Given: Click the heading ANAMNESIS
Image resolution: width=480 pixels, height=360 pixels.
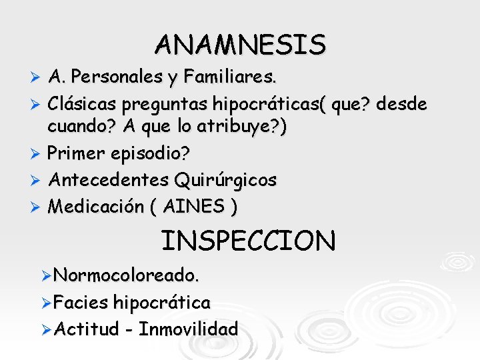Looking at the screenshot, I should pyautogui.click(x=241, y=45).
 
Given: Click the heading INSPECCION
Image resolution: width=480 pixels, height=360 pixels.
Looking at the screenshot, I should pyautogui.click(x=249, y=241).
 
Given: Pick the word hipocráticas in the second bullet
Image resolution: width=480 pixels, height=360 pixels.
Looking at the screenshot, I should pyautogui.click(x=262, y=105).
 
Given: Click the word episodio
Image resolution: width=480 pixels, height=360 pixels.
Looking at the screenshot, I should pyautogui.click(x=148, y=154).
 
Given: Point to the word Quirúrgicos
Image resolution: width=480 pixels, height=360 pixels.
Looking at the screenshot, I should pyautogui.click(x=225, y=181).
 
